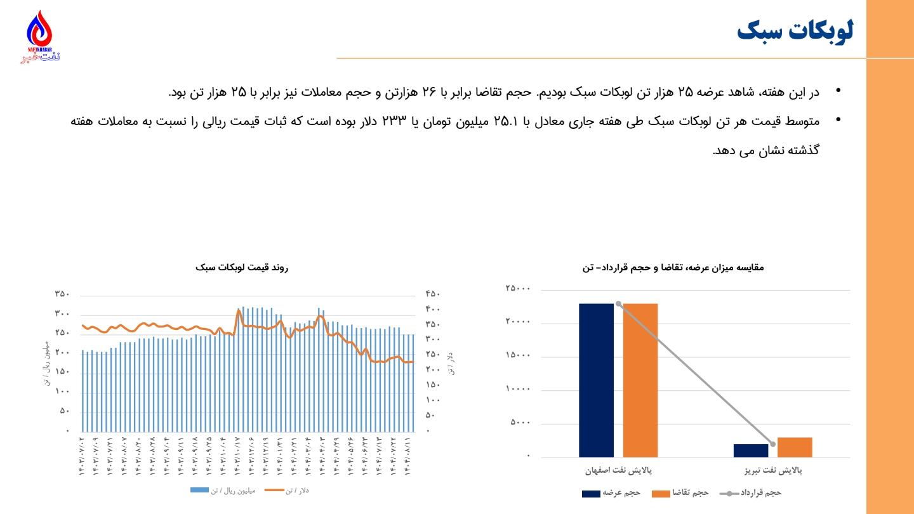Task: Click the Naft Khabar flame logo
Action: click(40, 32)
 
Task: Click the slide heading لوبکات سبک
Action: click(795, 31)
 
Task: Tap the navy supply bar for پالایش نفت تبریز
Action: click(751, 450)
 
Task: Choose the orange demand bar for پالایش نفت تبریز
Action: click(795, 447)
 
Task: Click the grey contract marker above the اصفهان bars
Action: click(618, 303)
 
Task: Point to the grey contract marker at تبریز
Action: click(772, 444)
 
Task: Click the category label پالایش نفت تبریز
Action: click(773, 471)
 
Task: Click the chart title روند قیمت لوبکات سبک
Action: click(242, 268)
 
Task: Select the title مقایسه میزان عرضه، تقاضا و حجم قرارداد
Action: click(673, 268)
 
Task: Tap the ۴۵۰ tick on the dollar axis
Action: click(432, 294)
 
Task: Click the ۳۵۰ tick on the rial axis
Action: click(62, 294)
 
